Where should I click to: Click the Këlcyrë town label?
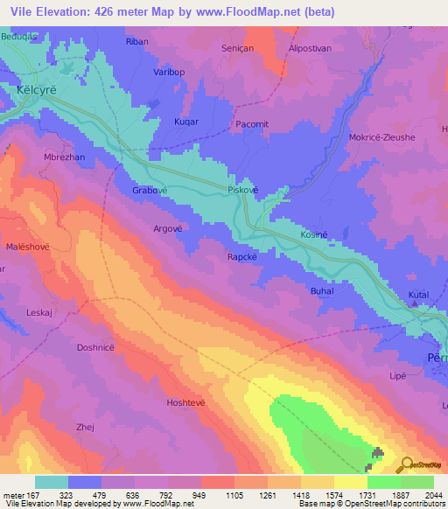tap(34, 90)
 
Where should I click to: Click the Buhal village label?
tap(322, 289)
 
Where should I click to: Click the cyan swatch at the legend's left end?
tap(51, 482)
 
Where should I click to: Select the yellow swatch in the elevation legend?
tap(350, 482)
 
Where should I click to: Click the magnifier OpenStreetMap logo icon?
tap(405, 466)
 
